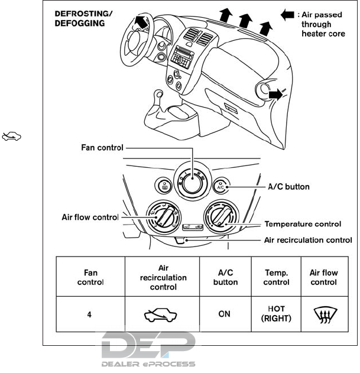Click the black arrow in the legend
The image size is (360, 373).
tap(287, 14)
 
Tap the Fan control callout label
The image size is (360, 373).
tap(101, 147)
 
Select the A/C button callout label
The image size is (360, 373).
tap(289, 186)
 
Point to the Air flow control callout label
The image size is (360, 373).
tap(90, 217)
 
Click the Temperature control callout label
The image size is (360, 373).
tap(303, 224)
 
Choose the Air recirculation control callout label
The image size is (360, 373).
tap(307, 240)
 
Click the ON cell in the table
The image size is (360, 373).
tap(225, 314)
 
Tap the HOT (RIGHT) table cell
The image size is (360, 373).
tap(277, 314)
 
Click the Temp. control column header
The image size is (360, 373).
tap(277, 277)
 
